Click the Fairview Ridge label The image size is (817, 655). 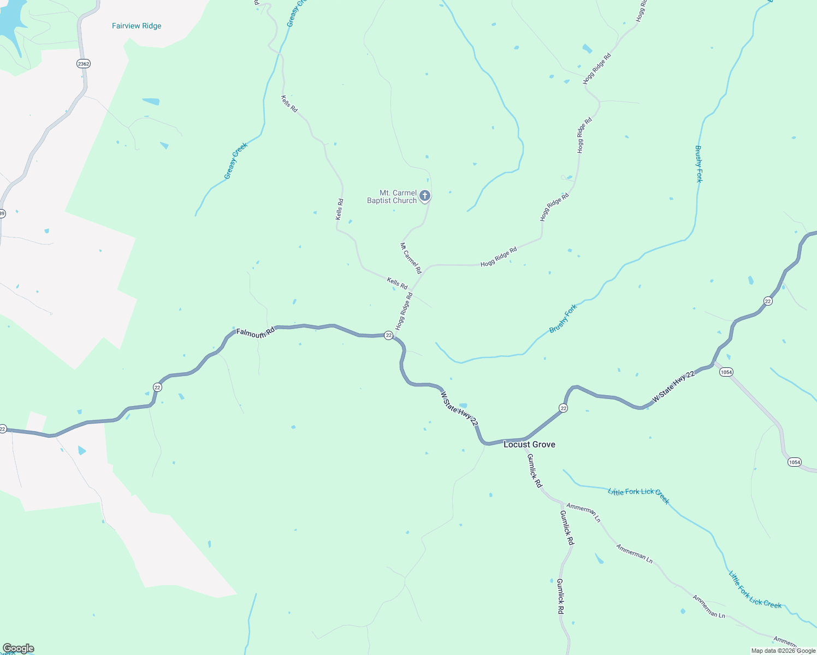(x=137, y=26)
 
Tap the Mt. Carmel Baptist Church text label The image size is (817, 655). (x=392, y=197)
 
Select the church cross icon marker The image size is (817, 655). (x=425, y=195)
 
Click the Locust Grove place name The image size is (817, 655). (x=529, y=444)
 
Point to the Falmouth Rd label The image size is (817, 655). (x=255, y=333)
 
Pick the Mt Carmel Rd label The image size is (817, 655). (x=411, y=258)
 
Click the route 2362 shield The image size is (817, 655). (x=84, y=64)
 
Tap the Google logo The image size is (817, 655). (x=19, y=648)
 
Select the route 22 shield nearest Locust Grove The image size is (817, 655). (x=563, y=408)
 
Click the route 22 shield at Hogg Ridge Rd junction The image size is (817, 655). (x=388, y=335)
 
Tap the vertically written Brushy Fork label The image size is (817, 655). (x=698, y=164)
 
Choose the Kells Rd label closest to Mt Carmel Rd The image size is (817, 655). (x=397, y=283)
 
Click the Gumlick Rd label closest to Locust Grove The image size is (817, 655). (x=535, y=471)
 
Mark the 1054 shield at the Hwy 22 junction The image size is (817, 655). (x=726, y=372)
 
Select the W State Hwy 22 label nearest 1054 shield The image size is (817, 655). (x=674, y=387)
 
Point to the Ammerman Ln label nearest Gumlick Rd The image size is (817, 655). (x=583, y=513)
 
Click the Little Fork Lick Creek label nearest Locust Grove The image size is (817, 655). (x=638, y=496)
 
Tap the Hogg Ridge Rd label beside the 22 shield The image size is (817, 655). (x=405, y=311)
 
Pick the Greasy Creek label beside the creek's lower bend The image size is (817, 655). (x=236, y=160)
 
